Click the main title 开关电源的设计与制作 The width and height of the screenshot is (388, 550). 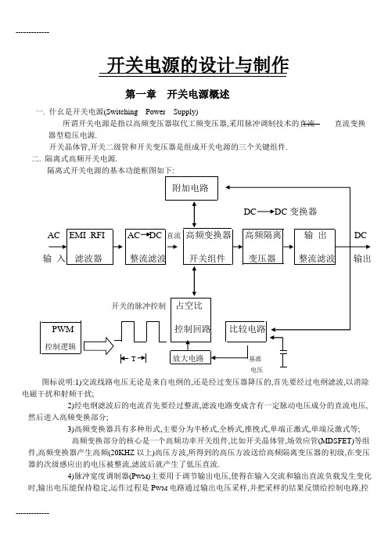pos(197,65)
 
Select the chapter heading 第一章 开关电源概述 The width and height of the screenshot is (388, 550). pos(178,94)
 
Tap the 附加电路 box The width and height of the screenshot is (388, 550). pos(192,188)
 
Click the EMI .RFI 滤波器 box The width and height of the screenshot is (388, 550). pos(90,247)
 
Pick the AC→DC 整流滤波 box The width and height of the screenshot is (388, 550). pos(145,247)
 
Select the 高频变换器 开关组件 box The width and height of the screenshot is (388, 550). pos(208,246)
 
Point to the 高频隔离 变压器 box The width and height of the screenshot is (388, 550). pos(263,247)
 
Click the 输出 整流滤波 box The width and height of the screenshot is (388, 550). pos(314,247)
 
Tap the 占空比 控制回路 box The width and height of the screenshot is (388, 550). pos(191,320)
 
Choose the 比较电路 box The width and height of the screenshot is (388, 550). pos(246,331)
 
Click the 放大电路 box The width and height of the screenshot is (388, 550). pos(190,357)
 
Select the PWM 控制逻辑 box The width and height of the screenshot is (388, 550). pos(60,337)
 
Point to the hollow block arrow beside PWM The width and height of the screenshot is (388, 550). pos(99,346)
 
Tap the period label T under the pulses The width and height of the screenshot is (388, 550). pos(134,359)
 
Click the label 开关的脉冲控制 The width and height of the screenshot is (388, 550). pos(138,306)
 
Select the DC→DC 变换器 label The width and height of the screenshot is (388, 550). pos(280,212)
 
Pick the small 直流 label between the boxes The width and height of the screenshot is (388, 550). pos(174,236)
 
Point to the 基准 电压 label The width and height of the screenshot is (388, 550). pos(256,364)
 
